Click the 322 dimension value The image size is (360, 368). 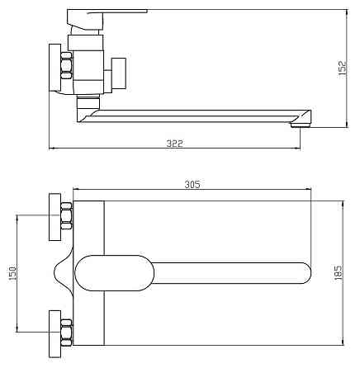point(174,144)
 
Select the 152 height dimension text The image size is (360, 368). point(342,68)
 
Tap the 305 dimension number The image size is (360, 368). point(192,184)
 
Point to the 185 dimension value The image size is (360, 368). point(339,272)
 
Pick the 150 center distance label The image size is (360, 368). point(12,273)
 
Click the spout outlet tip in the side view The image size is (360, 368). point(301,125)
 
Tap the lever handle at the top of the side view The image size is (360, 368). point(107,19)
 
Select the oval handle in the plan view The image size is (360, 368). point(114,273)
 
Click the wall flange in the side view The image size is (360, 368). point(54,68)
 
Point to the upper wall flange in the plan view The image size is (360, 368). point(54,217)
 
